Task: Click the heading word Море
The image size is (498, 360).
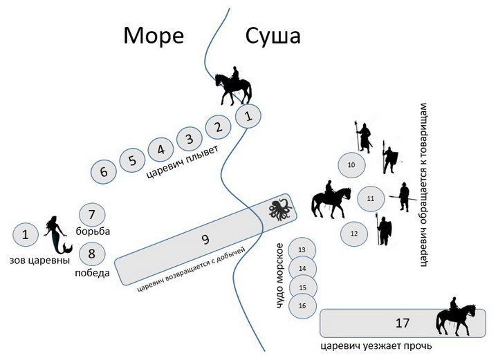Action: (x=154, y=35)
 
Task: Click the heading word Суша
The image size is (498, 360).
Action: (x=273, y=36)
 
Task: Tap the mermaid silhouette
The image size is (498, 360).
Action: (x=58, y=235)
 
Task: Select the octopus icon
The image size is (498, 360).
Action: (x=280, y=209)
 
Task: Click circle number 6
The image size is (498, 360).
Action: (x=104, y=171)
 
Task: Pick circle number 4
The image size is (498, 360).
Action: (x=161, y=149)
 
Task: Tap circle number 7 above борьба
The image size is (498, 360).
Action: (x=92, y=215)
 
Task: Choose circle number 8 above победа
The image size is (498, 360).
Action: (x=92, y=254)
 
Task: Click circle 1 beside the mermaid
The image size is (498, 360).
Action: (x=26, y=235)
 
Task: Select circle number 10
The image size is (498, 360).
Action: (x=351, y=165)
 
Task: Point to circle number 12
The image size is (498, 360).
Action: (x=354, y=234)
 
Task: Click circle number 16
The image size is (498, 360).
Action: (x=302, y=306)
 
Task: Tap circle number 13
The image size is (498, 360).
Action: (x=302, y=250)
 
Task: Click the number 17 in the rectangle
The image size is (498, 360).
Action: (x=402, y=323)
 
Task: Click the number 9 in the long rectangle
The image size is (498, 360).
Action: (x=205, y=239)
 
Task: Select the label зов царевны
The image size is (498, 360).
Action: (x=39, y=260)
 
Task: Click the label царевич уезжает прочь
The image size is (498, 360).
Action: (x=376, y=345)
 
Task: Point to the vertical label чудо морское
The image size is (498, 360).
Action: (x=279, y=276)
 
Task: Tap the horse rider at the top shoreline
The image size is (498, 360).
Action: (x=233, y=86)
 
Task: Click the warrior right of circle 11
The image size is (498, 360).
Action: (x=404, y=197)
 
